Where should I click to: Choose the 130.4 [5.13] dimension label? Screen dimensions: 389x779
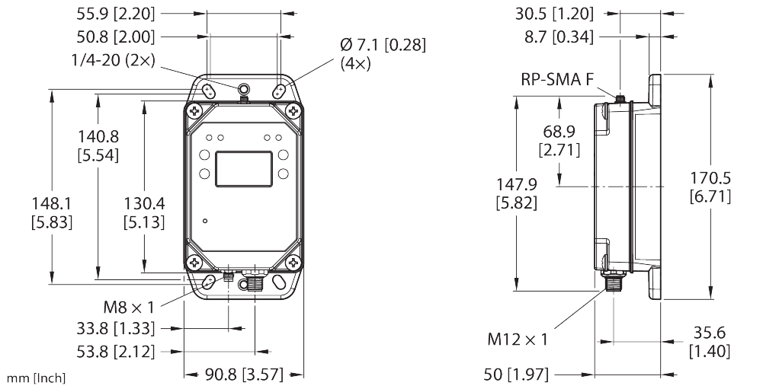click(145, 213)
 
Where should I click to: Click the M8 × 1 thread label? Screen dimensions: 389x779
click(129, 308)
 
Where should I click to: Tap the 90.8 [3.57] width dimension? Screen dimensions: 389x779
click(242, 375)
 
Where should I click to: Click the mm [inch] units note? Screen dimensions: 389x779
click(36, 378)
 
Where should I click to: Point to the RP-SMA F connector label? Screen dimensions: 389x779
click(557, 79)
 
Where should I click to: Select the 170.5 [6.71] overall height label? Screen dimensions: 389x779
click(710, 187)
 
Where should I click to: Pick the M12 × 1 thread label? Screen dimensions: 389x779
click(518, 339)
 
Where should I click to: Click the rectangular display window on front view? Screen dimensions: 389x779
click(245, 169)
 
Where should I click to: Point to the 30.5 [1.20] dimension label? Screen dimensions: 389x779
click(565, 13)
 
